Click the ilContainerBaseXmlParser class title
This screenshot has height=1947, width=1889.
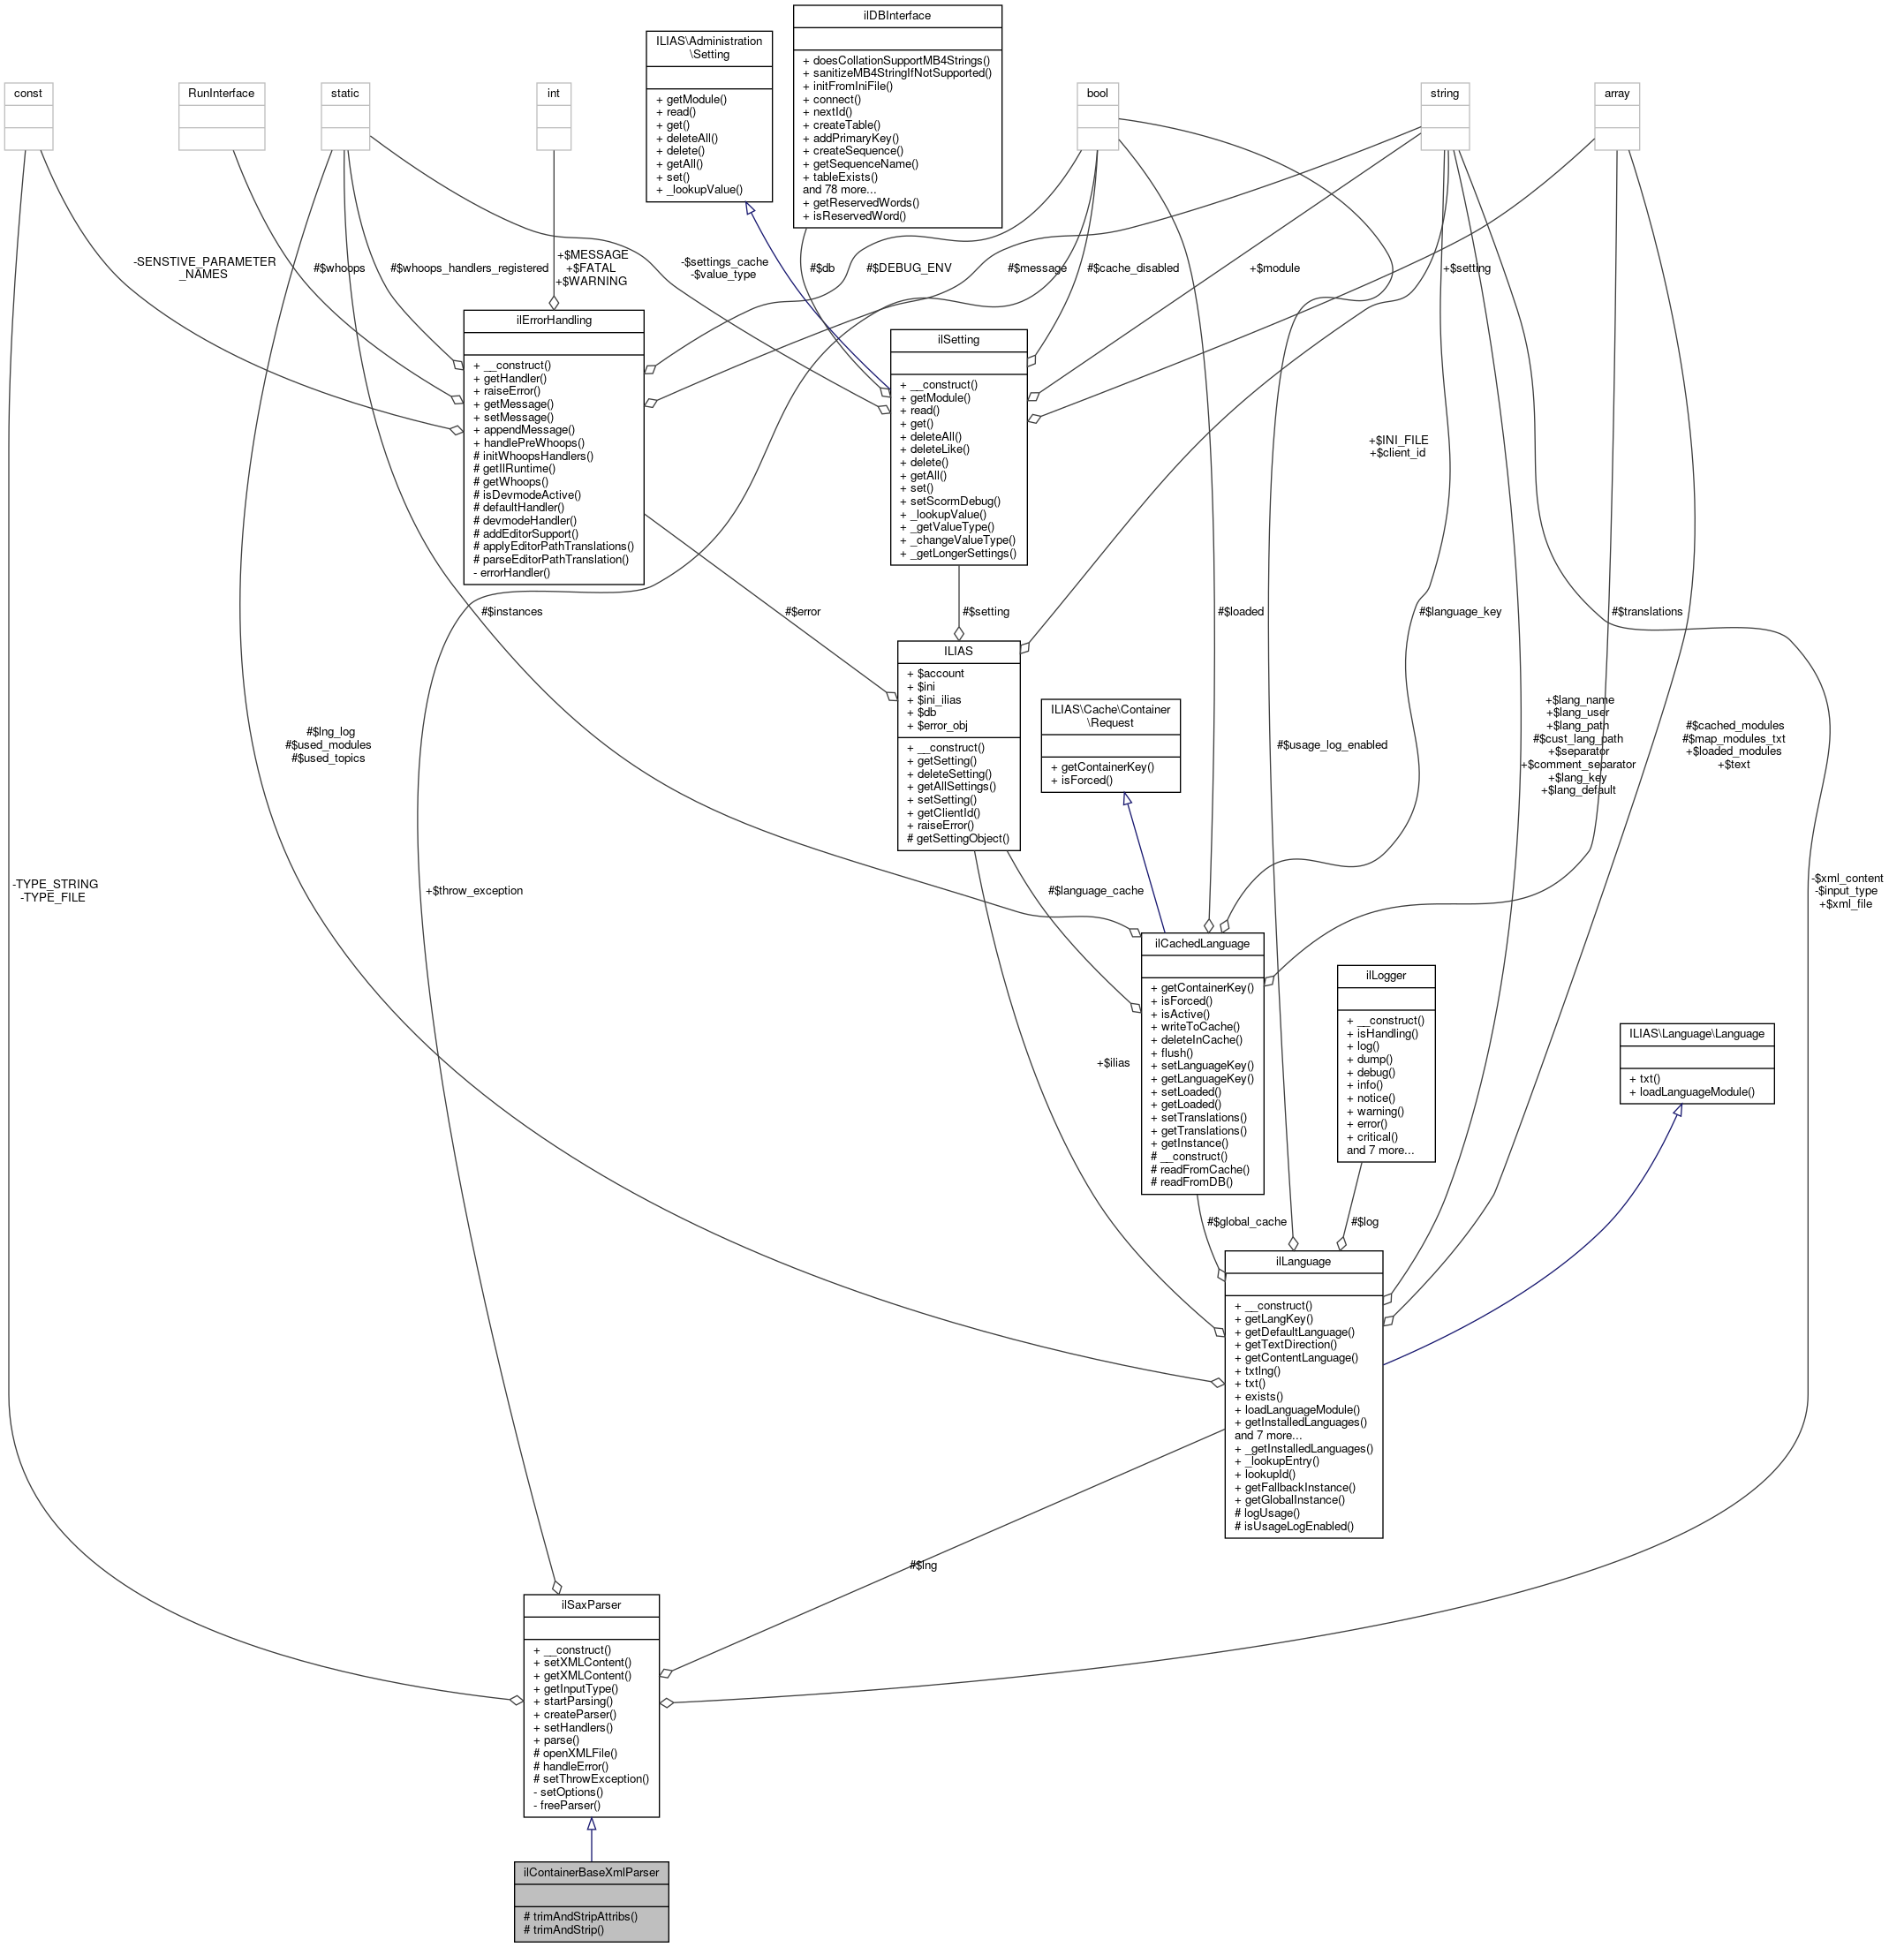pyautogui.click(x=591, y=1872)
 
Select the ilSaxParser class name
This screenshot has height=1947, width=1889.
pyautogui.click(x=591, y=1604)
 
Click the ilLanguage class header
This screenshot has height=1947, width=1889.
pyautogui.click(x=1303, y=1261)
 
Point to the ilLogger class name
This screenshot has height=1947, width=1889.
pyautogui.click(x=1386, y=975)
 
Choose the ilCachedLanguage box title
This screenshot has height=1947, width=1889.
pyautogui.click(x=1201, y=943)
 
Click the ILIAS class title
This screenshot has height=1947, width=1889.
pyautogui.click(x=958, y=651)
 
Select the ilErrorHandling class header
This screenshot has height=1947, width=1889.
pyautogui.click(x=554, y=320)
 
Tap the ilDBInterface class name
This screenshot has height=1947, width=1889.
pyautogui.click(x=896, y=16)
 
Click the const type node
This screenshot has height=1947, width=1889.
pyautogui.click(x=28, y=94)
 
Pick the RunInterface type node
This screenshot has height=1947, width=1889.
pyautogui.click(x=222, y=94)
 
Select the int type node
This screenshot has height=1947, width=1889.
pyautogui.click(x=554, y=94)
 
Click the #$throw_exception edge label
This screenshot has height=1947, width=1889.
pyautogui.click(x=473, y=890)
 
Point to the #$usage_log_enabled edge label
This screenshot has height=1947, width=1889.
pyautogui.click(x=1332, y=744)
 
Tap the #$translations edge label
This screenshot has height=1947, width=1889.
pyautogui.click(x=1646, y=611)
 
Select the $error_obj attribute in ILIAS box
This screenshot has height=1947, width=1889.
pyautogui.click(x=937, y=725)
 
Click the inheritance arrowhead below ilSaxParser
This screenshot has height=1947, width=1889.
pyautogui.click(x=591, y=1824)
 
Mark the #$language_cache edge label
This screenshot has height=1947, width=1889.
pyautogui.click(x=1095, y=890)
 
